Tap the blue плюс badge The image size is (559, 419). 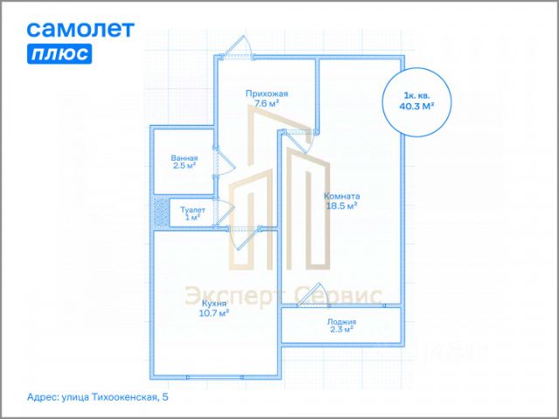59,53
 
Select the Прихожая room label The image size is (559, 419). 266,93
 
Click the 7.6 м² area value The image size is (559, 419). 266,103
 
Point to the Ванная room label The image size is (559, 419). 184,158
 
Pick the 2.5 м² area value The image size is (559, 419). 184,166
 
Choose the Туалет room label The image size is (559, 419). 192,209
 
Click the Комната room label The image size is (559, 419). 342,196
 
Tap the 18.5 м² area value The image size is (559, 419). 342,207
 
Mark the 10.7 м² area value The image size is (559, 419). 212,312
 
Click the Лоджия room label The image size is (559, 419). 342,321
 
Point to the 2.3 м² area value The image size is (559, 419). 342,330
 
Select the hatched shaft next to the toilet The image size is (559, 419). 161,211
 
